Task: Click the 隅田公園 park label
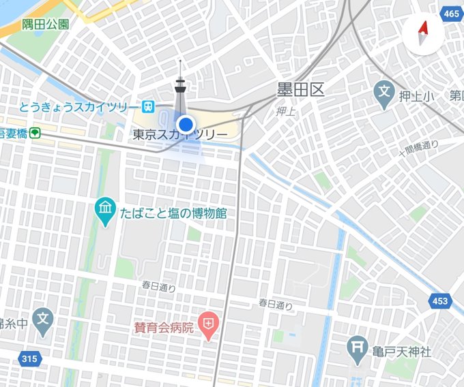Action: point(45,25)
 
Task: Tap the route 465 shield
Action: point(450,13)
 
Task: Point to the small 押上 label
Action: point(286,111)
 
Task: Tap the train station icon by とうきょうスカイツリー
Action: point(147,106)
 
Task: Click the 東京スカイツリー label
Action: point(180,135)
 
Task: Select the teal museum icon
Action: point(104,213)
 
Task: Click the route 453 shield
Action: point(441,300)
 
